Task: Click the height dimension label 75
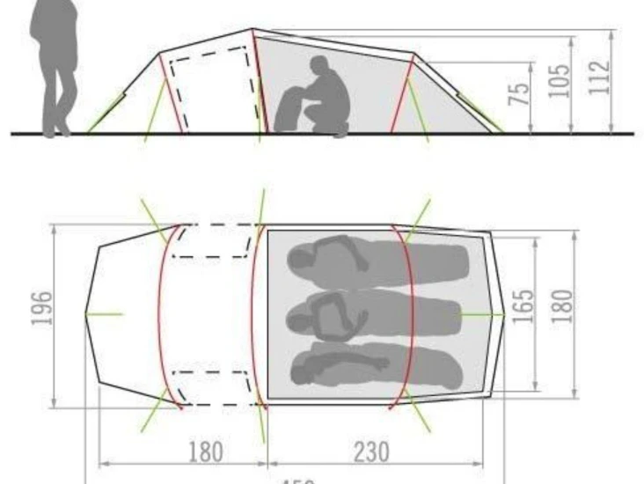(521, 92)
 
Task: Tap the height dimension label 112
(600, 78)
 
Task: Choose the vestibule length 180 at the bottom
(206, 451)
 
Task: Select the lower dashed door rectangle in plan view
(215, 388)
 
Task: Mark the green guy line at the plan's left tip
(105, 313)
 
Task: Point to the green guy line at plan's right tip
(481, 313)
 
